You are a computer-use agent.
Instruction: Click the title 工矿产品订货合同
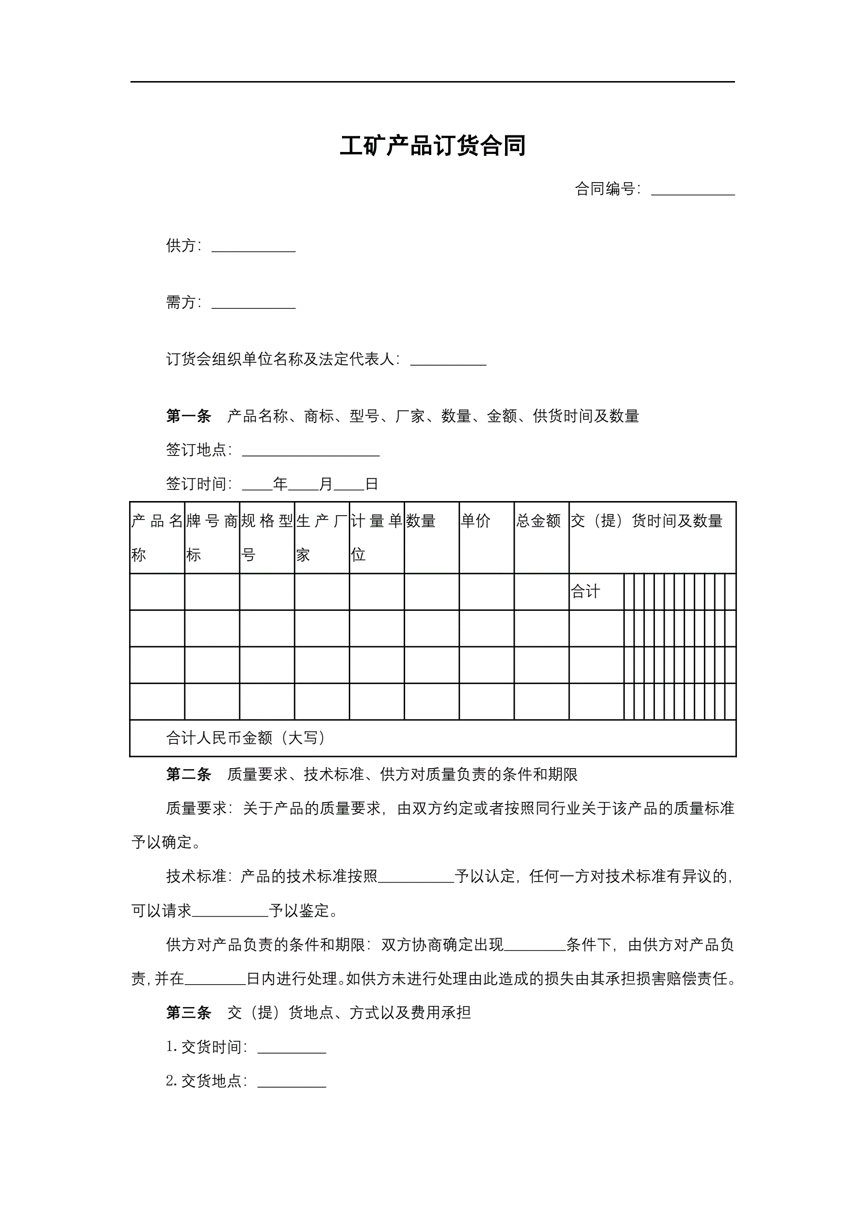click(x=432, y=146)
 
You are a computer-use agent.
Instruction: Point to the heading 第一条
click(x=188, y=416)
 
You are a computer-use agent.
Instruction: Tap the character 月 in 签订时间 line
click(x=326, y=484)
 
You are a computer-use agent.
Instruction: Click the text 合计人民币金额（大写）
click(x=246, y=738)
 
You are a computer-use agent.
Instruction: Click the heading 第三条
click(x=188, y=1013)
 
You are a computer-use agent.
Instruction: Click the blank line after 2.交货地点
click(x=291, y=1083)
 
